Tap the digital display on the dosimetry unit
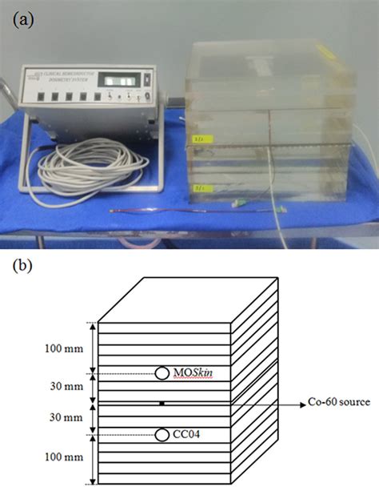(104, 81)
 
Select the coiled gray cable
(89, 168)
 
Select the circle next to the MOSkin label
(162, 373)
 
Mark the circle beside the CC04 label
(162, 435)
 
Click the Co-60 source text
(339, 402)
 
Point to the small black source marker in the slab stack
(162, 403)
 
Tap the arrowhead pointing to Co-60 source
(302, 402)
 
